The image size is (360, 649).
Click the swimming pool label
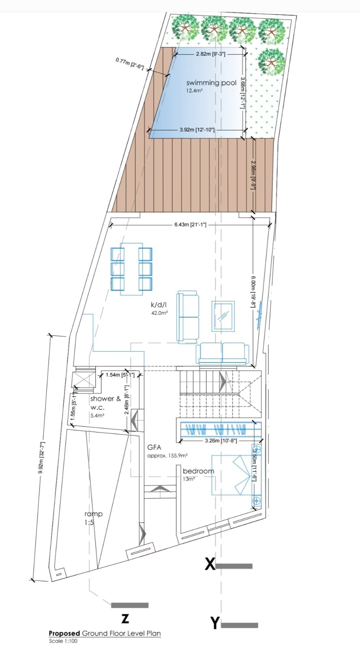[x=212, y=83]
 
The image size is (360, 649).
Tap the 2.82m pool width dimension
[x=210, y=54]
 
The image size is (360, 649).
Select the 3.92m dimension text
[x=197, y=129]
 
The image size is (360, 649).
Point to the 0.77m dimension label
[x=130, y=63]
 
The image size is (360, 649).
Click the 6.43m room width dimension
[x=190, y=224]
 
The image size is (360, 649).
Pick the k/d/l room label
[x=159, y=305]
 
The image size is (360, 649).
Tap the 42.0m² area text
[x=159, y=313]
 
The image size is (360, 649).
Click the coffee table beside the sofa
[x=223, y=316]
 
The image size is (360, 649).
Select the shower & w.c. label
[x=105, y=403]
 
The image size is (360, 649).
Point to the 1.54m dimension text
[x=120, y=375]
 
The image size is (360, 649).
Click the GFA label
[x=154, y=447]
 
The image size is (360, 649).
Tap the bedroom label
[x=198, y=471]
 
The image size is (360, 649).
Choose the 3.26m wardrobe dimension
[x=221, y=441]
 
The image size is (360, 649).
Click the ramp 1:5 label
[x=94, y=518]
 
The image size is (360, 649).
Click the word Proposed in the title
[x=64, y=633]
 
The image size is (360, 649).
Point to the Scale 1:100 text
[x=63, y=641]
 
